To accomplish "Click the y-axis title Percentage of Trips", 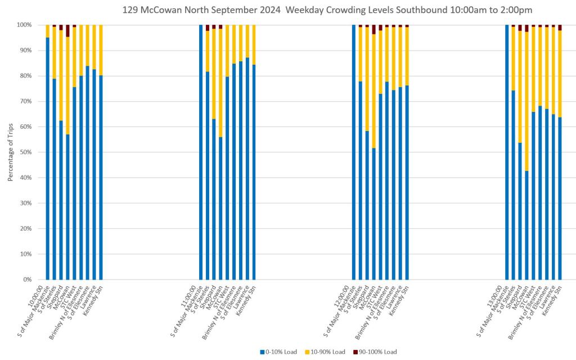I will tap(10, 152).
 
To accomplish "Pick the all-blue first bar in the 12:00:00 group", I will tap(354, 152).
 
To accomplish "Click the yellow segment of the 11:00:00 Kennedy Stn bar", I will tap(254, 45).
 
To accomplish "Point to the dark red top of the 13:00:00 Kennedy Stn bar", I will tap(560, 28).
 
